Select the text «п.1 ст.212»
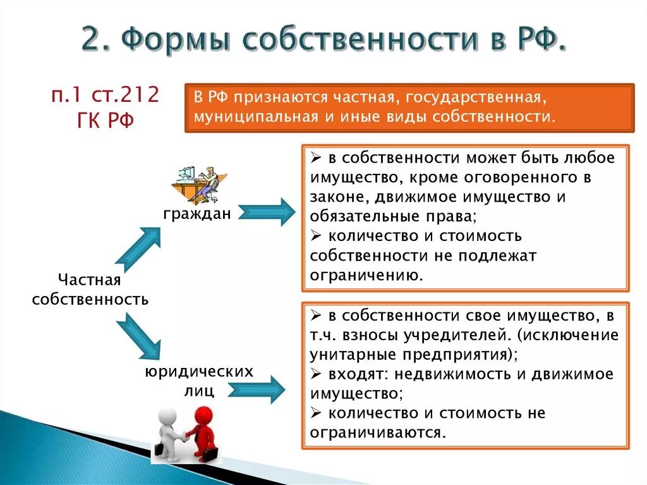pos(106,96)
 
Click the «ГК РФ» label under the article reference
pos(105,120)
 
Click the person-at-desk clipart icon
pos(197,184)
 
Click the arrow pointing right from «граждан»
pos(269,212)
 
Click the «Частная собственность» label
pos(89,290)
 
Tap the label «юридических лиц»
pos(199,380)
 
